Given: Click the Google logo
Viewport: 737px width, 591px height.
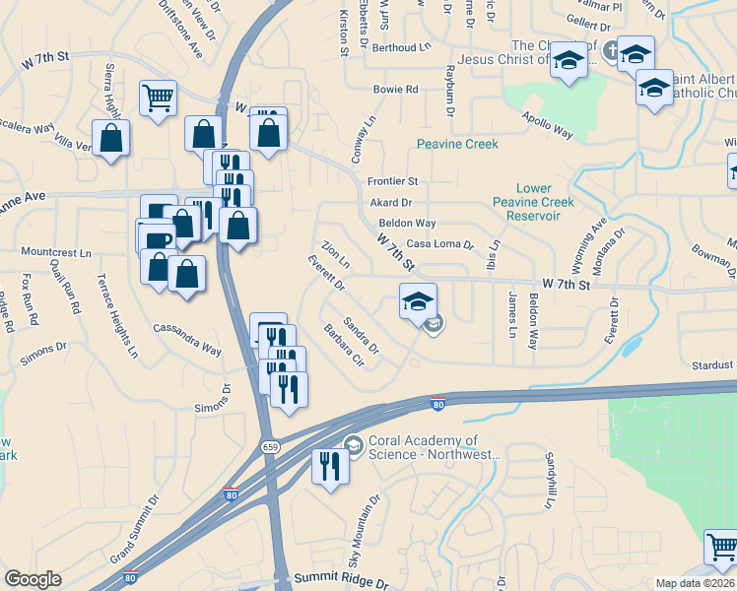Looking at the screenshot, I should click(x=33, y=579).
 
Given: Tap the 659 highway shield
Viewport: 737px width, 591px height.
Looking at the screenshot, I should click(x=269, y=446).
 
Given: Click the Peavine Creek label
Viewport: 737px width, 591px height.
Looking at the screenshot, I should click(x=456, y=144).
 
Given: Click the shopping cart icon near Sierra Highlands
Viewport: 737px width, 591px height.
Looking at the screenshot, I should click(x=158, y=98).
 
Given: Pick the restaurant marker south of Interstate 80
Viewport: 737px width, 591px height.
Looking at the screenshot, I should click(x=330, y=466).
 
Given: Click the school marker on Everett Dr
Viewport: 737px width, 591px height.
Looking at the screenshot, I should click(x=418, y=301).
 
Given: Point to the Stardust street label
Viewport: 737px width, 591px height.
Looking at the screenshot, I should click(x=711, y=365).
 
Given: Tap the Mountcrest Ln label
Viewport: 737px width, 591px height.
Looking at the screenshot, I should click(x=55, y=253).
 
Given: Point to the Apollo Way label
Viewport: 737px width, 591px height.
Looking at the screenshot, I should click(x=548, y=123).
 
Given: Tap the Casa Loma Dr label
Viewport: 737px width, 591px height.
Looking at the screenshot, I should click(x=440, y=244).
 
